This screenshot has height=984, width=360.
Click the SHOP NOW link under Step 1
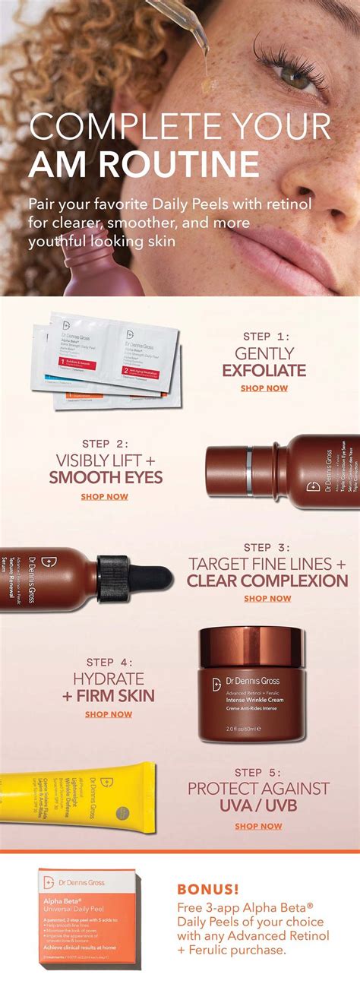(264, 388)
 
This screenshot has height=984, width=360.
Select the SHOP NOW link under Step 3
(267, 599)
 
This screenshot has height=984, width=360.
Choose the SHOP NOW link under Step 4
(109, 714)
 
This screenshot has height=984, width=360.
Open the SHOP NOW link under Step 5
(258, 826)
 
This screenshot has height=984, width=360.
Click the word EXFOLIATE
(264, 371)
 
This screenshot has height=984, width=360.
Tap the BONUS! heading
(207, 888)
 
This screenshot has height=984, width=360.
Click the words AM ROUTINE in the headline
(144, 164)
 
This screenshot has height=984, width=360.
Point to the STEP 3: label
(267, 546)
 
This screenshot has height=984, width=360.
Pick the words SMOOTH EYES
(106, 478)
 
